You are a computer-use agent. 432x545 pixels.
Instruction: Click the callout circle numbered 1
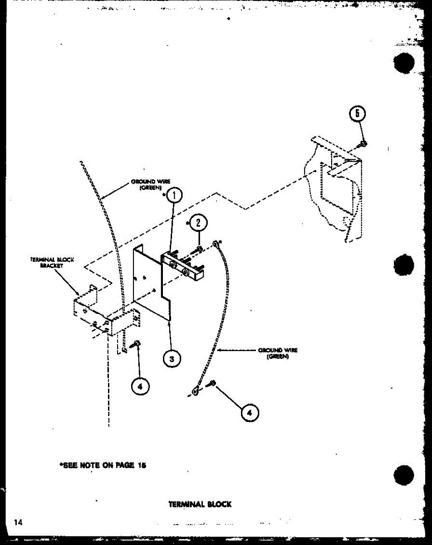tap(175, 195)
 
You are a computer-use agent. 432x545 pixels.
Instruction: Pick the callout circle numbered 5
tap(357, 114)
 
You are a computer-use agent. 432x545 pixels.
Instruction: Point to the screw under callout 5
tap(363, 144)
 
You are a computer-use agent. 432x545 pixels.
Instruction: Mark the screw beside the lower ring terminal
tap(212, 384)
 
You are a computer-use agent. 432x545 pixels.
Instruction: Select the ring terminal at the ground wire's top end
tap(217, 244)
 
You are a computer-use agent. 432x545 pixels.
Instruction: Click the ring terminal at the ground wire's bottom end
tap(195, 391)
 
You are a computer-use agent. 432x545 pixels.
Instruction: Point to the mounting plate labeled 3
tap(150, 282)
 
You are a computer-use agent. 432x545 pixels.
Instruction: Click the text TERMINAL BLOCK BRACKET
tap(52, 263)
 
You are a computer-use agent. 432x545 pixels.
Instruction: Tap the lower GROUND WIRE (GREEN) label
tap(278, 353)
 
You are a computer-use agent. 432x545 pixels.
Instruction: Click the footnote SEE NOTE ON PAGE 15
tap(103, 465)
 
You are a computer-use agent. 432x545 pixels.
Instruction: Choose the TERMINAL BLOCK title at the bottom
tap(200, 504)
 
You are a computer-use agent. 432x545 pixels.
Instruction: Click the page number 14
tap(18, 522)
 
